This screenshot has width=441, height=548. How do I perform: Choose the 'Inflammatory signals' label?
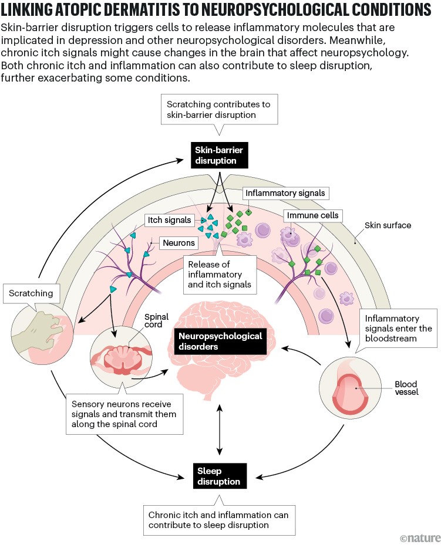click(285, 192)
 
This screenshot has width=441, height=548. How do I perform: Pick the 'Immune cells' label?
click(312, 215)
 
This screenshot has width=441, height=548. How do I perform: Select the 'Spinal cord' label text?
click(156, 322)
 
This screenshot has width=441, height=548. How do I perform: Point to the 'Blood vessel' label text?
click(406, 388)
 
